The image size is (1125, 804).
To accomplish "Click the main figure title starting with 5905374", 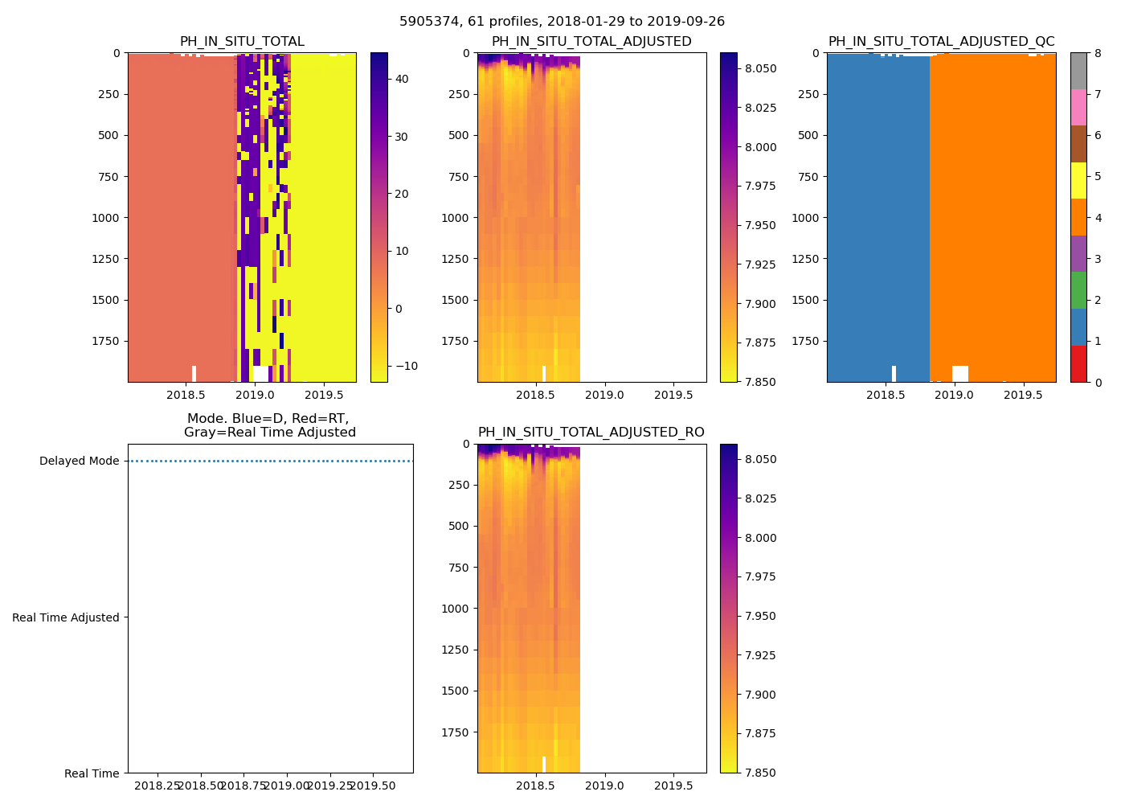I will pos(562,22).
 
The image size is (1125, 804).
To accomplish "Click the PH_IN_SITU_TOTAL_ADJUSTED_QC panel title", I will pos(941,42).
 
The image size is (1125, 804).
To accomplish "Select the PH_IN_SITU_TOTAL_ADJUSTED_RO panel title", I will pos(591,433).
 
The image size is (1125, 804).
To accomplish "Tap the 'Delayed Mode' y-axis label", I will pos(79,461).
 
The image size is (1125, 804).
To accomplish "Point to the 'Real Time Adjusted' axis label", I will pos(66,617).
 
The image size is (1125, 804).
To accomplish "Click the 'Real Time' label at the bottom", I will pos(92,773).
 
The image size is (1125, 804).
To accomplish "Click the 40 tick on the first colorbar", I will pos(402,80).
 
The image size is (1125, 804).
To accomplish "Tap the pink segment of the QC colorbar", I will pos(1078,107).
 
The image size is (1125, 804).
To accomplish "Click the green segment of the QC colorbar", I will pos(1078,290).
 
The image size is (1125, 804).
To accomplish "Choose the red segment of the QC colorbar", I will pos(1078,363).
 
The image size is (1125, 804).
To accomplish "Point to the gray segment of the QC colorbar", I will pos(1078,71).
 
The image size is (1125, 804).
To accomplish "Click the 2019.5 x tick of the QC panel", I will pos(1023,396).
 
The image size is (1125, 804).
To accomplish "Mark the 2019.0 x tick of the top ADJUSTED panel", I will pos(604,396).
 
